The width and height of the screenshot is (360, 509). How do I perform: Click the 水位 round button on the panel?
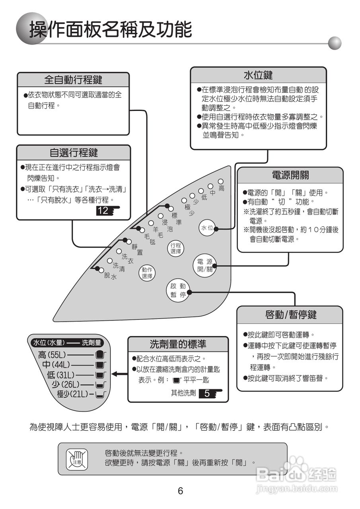point(208,228)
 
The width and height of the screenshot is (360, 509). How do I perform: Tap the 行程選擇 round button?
point(176,249)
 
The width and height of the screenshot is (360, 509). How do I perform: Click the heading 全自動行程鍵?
point(73,80)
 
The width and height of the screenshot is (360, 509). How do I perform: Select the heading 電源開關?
point(290,175)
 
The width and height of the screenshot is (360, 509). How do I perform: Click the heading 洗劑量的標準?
point(178,344)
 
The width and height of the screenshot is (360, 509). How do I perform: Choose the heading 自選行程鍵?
point(74,152)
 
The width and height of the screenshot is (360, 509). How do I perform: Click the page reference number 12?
point(103,211)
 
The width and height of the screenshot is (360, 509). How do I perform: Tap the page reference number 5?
point(207,394)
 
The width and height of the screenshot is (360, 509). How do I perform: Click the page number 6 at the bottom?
point(180,491)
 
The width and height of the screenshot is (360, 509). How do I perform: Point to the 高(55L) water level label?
point(52,355)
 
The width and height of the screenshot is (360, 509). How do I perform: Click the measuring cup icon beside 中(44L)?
point(100,365)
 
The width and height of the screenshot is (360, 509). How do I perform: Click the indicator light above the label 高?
point(220,182)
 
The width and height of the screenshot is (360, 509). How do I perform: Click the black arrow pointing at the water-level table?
point(118,374)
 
